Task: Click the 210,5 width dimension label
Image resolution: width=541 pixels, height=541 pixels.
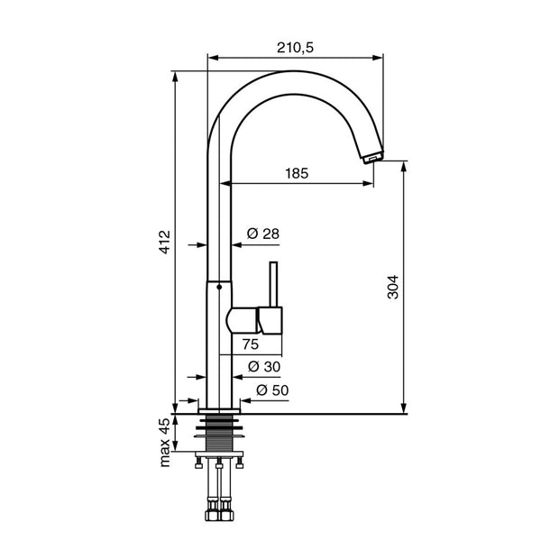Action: click(296, 48)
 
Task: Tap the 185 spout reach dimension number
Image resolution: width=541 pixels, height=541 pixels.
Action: click(297, 173)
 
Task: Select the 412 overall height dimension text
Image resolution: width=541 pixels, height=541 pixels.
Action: click(165, 243)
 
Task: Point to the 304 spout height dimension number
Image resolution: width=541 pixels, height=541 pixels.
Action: click(392, 287)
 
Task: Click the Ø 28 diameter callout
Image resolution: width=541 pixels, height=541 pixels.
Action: click(263, 234)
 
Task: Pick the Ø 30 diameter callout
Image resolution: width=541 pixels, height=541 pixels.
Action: click(264, 366)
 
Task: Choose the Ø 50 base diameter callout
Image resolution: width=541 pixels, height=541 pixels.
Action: click(272, 390)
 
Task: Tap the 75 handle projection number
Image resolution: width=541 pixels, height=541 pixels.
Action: click(251, 344)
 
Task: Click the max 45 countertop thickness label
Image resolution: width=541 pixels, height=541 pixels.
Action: click(165, 443)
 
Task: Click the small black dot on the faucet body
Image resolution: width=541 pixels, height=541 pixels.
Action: click(219, 287)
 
